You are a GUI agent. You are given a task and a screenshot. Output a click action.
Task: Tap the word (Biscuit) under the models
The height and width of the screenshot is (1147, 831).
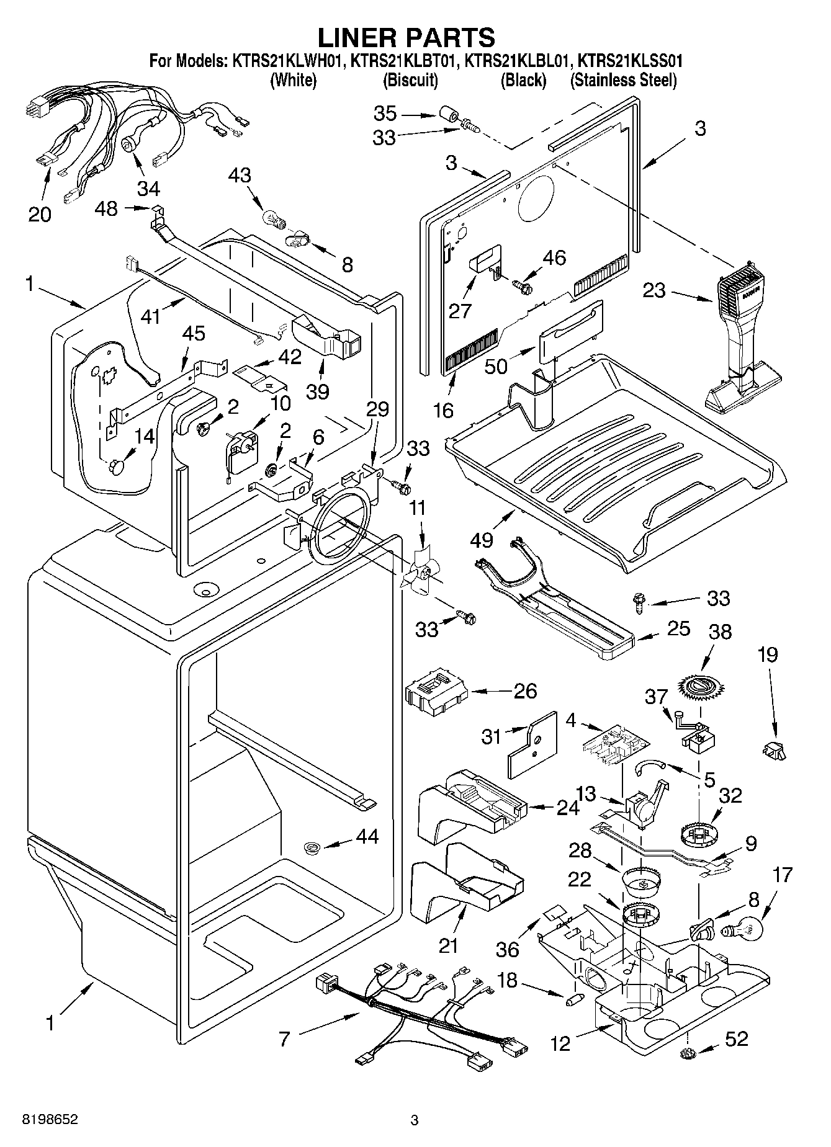click(x=410, y=80)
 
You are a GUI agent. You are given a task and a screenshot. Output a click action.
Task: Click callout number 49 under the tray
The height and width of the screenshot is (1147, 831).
click(x=482, y=540)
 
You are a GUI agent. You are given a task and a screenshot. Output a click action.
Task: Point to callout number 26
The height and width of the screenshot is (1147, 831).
click(x=525, y=690)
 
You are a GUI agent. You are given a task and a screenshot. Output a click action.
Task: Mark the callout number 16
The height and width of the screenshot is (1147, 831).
click(x=444, y=409)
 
